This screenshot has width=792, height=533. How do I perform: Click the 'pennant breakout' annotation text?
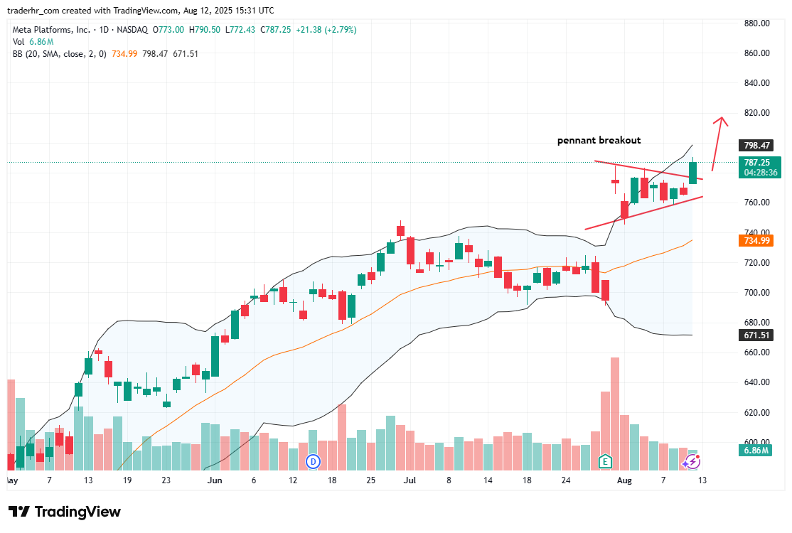point(599,141)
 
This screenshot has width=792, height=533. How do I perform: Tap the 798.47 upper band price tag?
point(757,146)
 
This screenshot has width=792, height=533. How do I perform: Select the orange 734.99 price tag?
point(757,241)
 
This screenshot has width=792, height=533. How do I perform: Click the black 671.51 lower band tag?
point(757,335)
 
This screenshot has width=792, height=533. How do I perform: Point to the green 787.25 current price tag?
point(757,162)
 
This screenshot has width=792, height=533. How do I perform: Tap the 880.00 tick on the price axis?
point(756,23)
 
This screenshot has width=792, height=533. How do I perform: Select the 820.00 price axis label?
point(756,113)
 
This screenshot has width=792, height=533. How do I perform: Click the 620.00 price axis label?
point(756,413)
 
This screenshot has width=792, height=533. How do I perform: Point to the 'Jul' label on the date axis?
point(410,480)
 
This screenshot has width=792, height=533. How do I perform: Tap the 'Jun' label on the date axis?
point(213,480)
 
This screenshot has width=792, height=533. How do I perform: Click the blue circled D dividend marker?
point(313,462)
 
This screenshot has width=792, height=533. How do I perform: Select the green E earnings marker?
point(605,461)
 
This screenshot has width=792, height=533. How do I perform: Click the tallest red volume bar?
point(614,412)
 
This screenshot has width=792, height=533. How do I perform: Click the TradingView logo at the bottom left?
point(65,512)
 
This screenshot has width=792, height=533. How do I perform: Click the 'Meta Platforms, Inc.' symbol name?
point(52,30)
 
